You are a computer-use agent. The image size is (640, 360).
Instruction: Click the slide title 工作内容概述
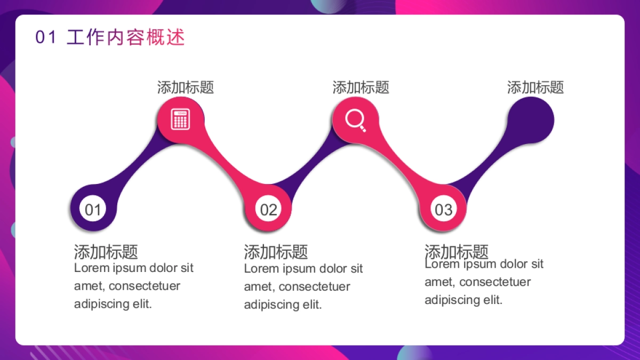point(126,38)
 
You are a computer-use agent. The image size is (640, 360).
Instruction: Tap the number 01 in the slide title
point(45,38)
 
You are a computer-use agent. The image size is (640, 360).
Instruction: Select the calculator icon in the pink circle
point(180,119)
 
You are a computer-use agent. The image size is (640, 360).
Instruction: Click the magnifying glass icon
point(355,119)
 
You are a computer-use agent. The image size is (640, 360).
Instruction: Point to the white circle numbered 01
point(93,209)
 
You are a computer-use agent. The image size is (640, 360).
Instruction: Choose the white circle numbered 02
point(268,209)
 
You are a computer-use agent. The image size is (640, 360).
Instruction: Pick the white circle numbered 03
point(443,209)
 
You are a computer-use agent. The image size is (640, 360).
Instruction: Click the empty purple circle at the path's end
point(530,119)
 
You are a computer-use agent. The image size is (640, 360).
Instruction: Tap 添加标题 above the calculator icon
point(186,87)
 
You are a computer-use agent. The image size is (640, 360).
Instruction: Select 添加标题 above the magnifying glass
point(361,87)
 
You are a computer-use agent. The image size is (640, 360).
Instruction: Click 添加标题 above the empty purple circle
point(535,87)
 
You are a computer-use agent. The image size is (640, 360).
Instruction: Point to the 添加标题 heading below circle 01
point(106,252)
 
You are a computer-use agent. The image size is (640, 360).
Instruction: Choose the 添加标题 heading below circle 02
point(276,252)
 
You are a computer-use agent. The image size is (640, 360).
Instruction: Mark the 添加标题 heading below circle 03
point(457,251)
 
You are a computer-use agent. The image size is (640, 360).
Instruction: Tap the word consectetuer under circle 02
point(314,286)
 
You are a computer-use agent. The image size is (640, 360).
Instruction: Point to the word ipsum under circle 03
point(479,264)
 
